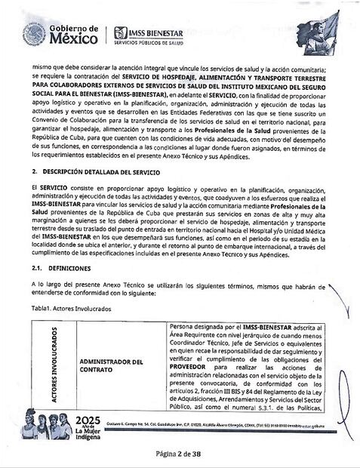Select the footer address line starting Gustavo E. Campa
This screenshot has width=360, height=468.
pos(226,427)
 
